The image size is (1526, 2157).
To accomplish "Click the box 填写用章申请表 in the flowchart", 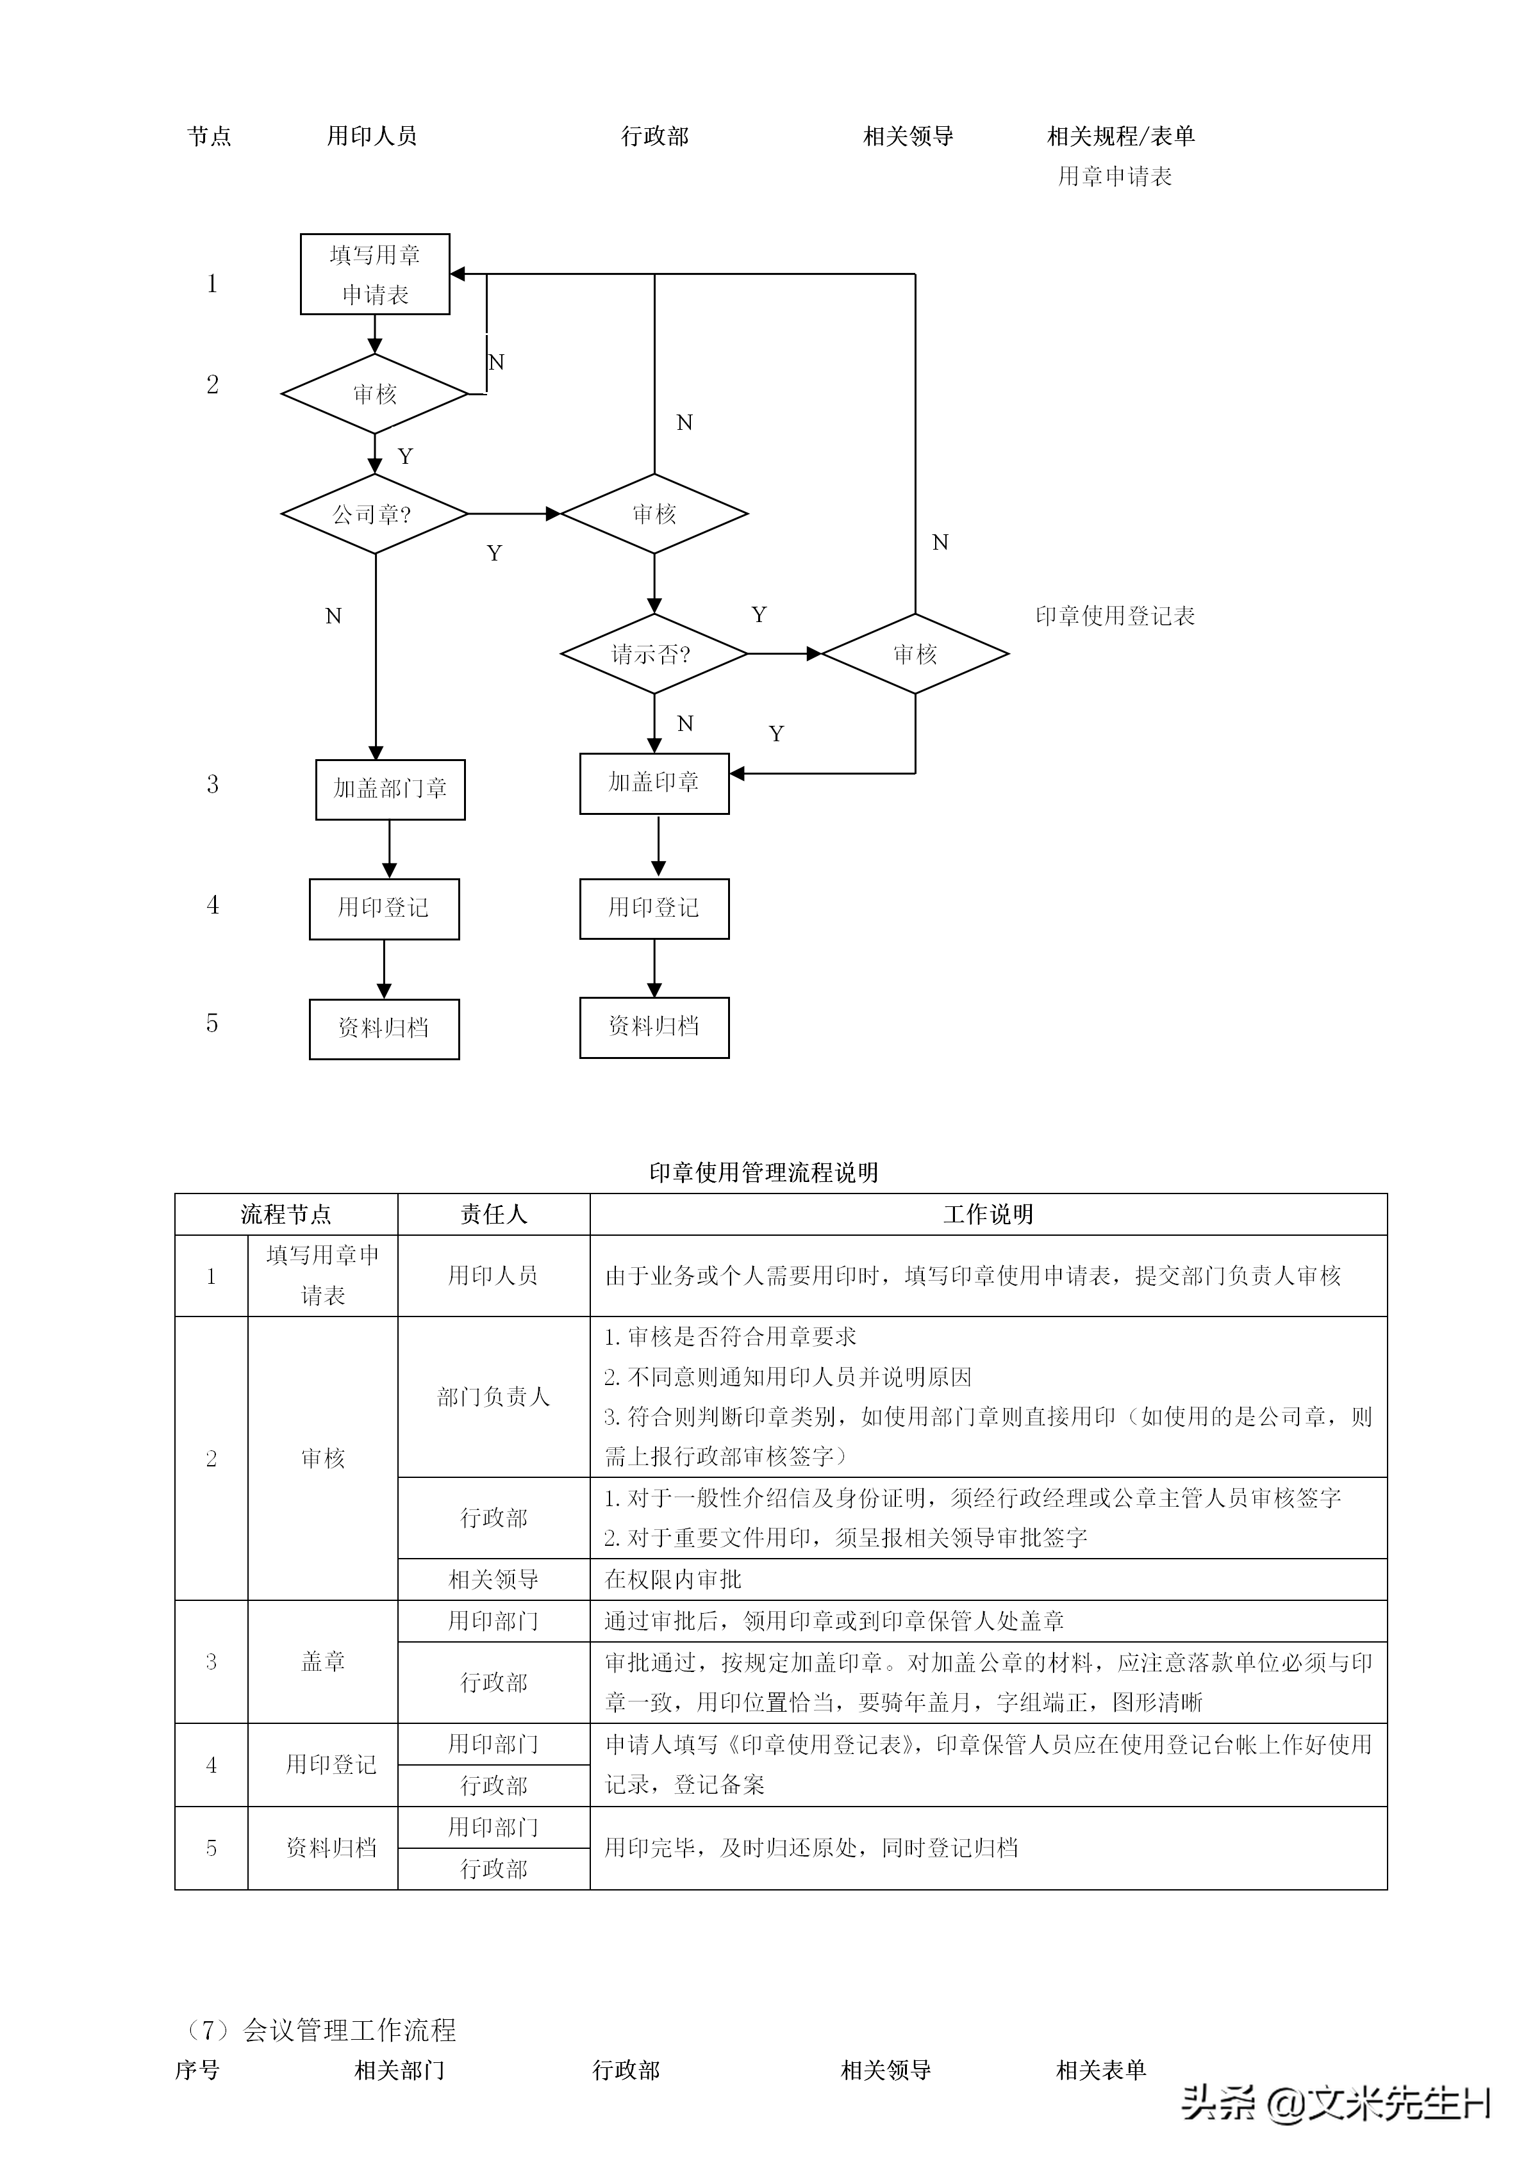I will [x=375, y=274].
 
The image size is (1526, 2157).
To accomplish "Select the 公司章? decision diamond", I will [x=375, y=514].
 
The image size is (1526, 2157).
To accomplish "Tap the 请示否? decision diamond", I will [x=654, y=654].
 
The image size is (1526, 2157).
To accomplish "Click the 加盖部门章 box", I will [x=390, y=789].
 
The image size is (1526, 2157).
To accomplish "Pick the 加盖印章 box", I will [x=654, y=783].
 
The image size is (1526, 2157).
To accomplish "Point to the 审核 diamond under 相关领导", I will [x=915, y=654].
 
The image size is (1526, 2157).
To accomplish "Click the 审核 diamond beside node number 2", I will [x=375, y=393].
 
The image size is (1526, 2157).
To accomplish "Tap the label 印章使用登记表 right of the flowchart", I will [x=1115, y=616].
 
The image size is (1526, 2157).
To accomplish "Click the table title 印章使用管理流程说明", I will [x=763, y=1172].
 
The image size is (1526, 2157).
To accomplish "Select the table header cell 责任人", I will [x=493, y=1215].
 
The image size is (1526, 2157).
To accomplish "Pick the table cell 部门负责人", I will [x=493, y=1397].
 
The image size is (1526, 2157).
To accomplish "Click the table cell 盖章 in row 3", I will [x=322, y=1662].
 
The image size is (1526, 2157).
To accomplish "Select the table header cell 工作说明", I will [x=988, y=1215].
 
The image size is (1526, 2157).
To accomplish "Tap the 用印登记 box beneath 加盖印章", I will [x=654, y=908].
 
